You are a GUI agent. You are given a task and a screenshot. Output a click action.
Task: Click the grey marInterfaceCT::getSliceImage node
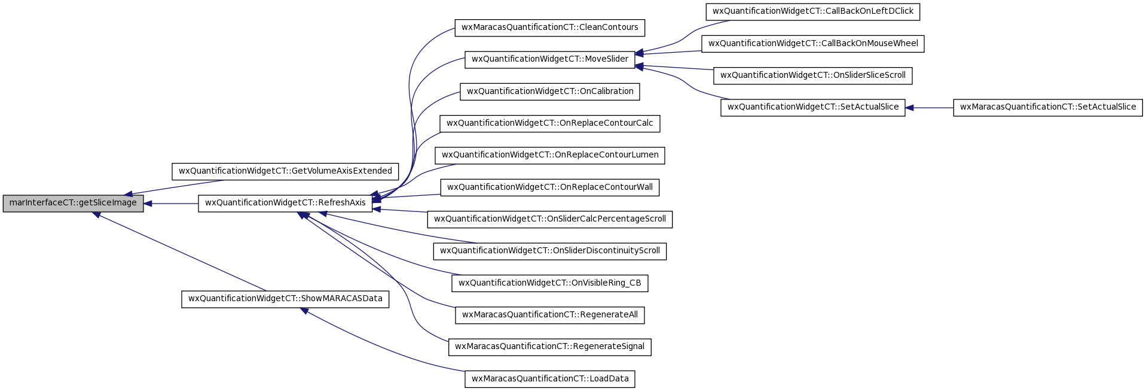coord(73,203)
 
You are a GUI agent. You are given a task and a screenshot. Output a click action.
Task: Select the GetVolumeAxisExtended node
coord(285,171)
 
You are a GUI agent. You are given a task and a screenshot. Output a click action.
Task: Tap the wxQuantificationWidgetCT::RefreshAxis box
coord(285,203)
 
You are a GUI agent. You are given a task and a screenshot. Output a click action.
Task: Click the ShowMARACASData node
coord(285,299)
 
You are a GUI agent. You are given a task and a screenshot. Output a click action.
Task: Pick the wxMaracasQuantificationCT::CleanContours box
coord(550,28)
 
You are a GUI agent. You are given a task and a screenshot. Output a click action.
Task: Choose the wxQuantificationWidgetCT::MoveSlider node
coord(550,59)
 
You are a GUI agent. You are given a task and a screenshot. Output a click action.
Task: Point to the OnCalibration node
coord(550,92)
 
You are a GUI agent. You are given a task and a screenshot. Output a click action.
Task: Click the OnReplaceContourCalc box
coord(550,123)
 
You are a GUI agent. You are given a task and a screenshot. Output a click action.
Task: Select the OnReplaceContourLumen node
coord(550,155)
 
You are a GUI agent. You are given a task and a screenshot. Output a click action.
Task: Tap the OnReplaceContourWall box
coord(550,187)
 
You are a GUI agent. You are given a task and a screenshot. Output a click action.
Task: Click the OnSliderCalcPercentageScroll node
coord(550,219)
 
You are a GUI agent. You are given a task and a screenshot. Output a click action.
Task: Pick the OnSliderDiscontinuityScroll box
coord(550,251)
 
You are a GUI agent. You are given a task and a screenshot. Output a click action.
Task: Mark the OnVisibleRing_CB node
coord(550,283)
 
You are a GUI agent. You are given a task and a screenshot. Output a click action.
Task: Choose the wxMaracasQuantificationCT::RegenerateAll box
coord(550,315)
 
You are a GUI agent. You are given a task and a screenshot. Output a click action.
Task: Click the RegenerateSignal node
coord(550,347)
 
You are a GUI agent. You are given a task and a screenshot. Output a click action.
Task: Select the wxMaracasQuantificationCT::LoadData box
coord(550,379)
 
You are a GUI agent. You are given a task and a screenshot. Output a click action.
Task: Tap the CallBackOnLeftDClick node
coord(813,11)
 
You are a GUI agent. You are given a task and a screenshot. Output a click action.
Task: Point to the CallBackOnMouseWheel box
coord(813,44)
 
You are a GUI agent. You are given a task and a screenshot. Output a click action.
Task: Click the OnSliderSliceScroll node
coord(813,75)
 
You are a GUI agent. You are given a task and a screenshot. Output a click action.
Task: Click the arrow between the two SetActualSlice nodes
coord(929,108)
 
